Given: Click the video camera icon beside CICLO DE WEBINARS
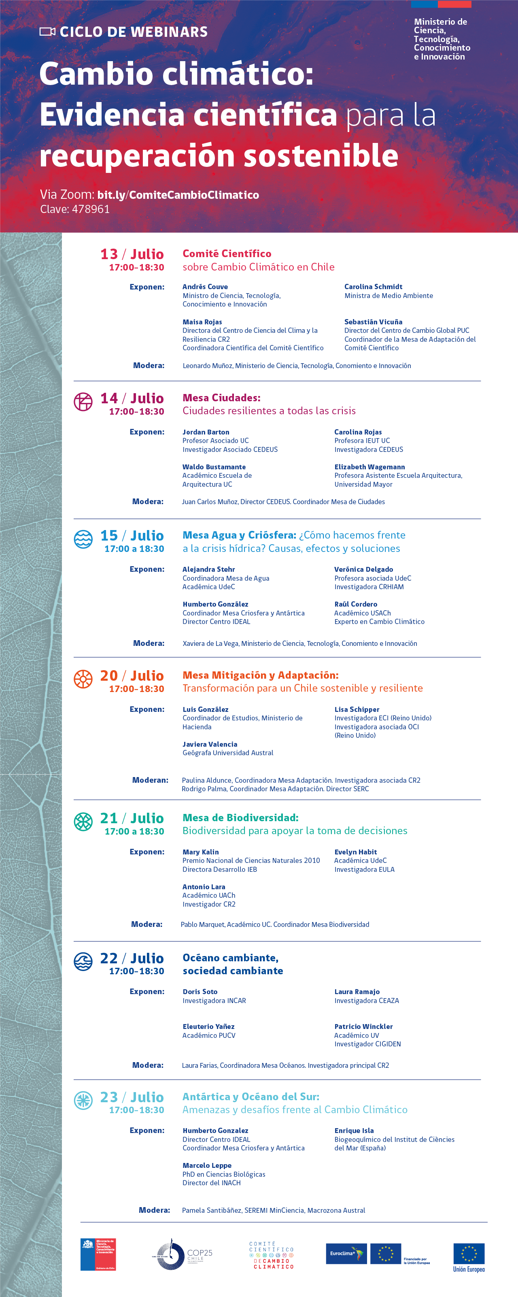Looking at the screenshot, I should pos(47,32).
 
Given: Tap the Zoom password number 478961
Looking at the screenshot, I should pos(91,209).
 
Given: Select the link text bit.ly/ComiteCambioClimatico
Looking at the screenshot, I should pos(178,195).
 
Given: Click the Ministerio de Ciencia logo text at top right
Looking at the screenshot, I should pos(442,39).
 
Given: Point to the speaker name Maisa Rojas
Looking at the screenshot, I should pos(202,322).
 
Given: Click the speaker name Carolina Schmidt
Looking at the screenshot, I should pos(373,286).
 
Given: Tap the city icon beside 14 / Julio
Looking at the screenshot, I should pos(83,401).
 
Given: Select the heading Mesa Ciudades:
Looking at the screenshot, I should pos(221,398).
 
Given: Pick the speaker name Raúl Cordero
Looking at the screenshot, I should pos(355,604).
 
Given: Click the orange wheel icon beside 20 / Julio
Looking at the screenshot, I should pos(83,679).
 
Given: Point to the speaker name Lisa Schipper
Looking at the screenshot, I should pos(357,709).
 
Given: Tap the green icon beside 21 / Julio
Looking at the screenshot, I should pos(83,821).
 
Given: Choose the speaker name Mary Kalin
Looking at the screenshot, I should pos(200,852).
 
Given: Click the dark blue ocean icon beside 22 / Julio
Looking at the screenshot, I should pos(83,961).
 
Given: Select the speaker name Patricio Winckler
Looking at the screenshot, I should pos(363,1026).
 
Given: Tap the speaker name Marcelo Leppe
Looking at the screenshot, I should pos(207,1165).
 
